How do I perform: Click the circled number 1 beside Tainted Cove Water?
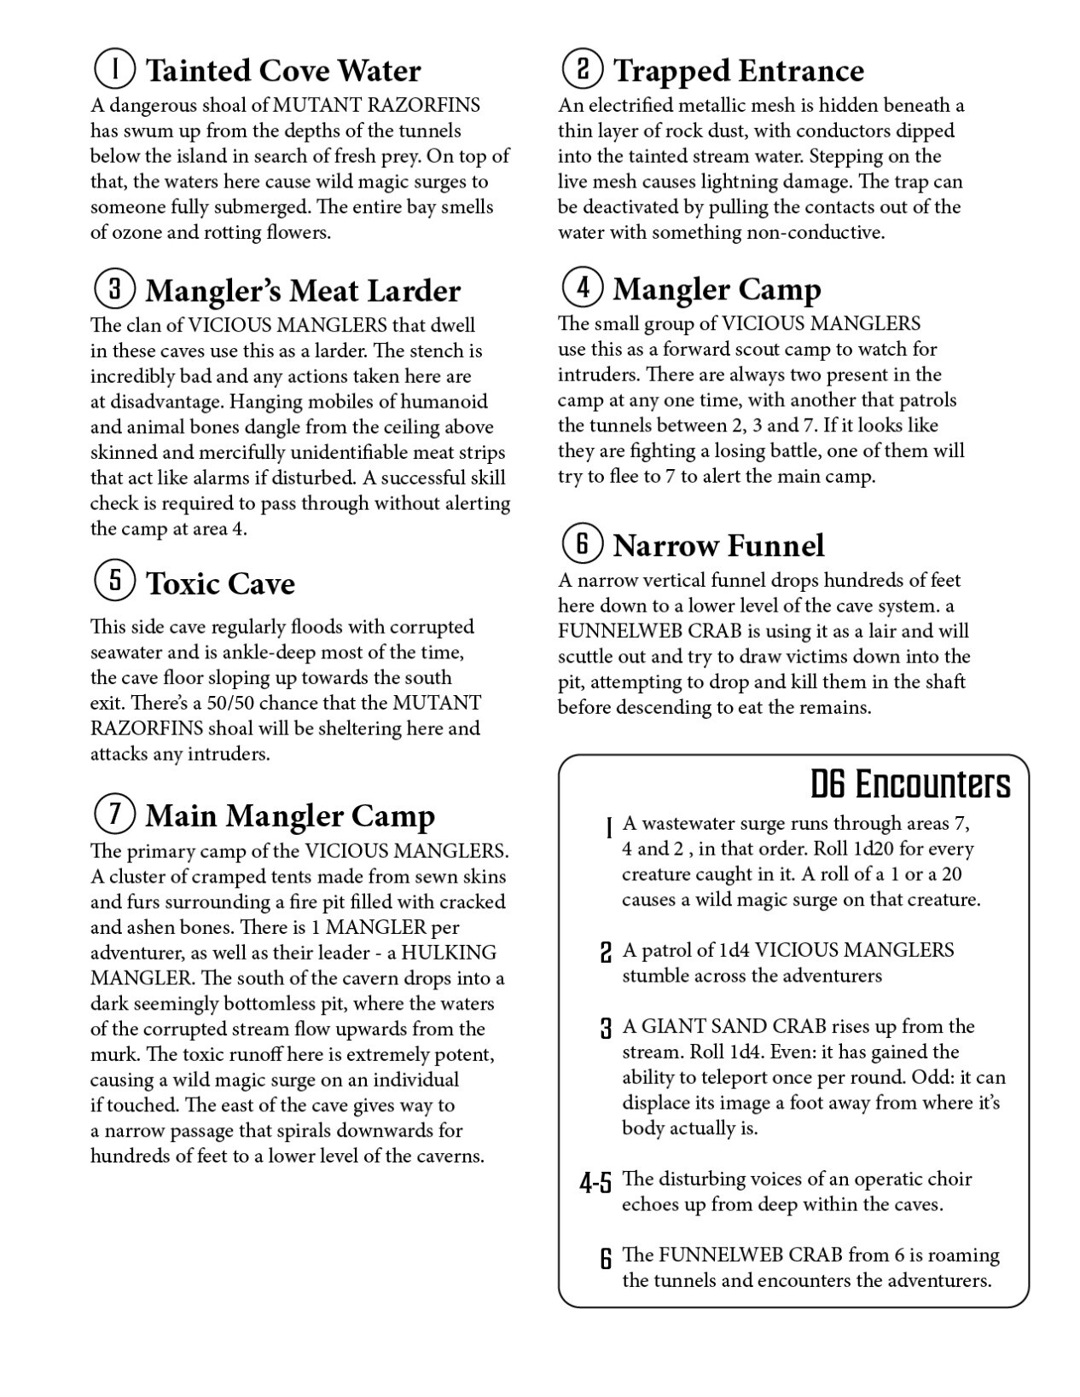[x=113, y=68]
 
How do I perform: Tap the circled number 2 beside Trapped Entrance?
[x=583, y=68]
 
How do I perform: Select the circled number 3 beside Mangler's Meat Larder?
[x=113, y=288]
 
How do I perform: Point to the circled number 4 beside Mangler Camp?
[x=583, y=287]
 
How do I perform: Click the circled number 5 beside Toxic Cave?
[x=113, y=581]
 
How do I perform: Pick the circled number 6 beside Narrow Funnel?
[x=583, y=543]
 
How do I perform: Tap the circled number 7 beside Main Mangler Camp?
[x=113, y=814]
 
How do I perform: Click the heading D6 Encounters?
[x=909, y=784]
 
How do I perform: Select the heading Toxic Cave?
[x=220, y=583]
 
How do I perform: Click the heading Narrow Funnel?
[x=718, y=546]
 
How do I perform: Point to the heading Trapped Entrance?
[x=738, y=71]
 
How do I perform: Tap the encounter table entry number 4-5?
[x=595, y=1183]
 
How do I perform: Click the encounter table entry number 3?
[x=606, y=1029]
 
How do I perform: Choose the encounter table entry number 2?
[x=606, y=953]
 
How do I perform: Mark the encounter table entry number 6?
[x=606, y=1258]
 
